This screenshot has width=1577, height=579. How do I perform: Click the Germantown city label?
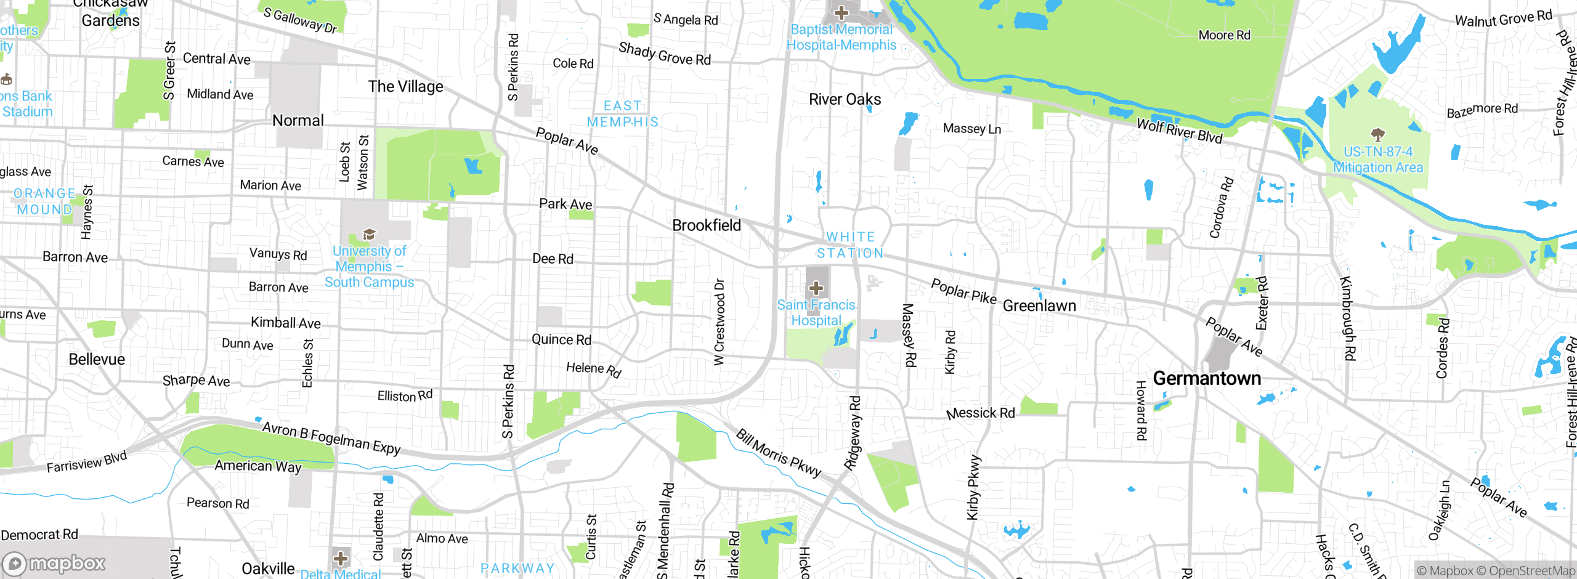[x=1206, y=378]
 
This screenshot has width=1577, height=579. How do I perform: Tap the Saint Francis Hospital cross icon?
[x=816, y=288]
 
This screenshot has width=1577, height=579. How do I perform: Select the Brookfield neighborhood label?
[x=707, y=225]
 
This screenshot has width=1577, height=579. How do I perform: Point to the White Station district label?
[x=850, y=245]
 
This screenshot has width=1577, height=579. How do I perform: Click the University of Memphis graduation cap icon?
[x=369, y=234]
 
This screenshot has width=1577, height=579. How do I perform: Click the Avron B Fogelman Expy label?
[x=331, y=438]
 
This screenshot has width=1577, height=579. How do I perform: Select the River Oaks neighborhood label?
[x=845, y=99]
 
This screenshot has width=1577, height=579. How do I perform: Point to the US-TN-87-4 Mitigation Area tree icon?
[x=1378, y=134]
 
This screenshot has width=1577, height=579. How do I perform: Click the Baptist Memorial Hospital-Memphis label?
[x=841, y=37]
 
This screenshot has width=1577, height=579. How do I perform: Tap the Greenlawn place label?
[x=1039, y=306]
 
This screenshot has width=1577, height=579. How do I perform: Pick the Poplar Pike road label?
[x=963, y=291]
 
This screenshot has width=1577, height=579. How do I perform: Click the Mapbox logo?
[x=54, y=564]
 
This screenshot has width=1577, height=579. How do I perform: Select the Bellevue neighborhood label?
[x=97, y=359]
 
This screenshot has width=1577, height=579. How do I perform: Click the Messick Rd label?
[x=981, y=413]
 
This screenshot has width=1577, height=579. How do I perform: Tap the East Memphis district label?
[x=623, y=114]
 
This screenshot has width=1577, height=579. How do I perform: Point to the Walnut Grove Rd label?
[x=1503, y=18]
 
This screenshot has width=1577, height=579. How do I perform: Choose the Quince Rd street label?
[x=561, y=339]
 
